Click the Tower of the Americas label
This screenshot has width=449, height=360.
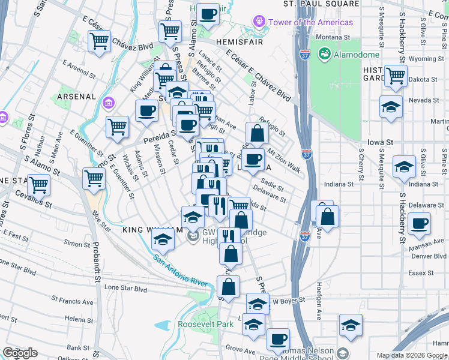(310, 22)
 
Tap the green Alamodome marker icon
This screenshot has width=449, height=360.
(325, 55)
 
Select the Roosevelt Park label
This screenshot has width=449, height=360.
(205, 324)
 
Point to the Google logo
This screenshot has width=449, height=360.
(20, 353)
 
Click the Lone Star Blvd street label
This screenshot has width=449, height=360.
(125, 288)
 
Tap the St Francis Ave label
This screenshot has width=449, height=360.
(73, 298)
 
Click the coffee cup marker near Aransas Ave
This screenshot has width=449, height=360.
(419, 224)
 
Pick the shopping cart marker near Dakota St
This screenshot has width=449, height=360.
(395, 76)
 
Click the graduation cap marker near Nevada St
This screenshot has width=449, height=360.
(391, 107)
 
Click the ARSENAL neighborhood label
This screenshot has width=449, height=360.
(76, 96)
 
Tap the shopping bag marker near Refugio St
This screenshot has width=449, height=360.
(256, 133)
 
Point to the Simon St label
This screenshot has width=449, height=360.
(77, 244)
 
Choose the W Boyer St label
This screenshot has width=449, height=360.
(289, 299)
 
